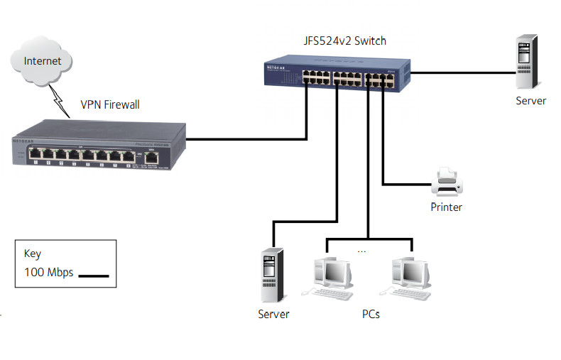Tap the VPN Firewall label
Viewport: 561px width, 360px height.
click(x=110, y=105)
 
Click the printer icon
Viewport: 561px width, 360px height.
click(x=447, y=182)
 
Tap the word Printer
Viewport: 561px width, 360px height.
click(x=447, y=207)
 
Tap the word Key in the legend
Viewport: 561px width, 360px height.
click(x=33, y=253)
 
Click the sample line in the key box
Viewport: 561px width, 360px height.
click(x=92, y=275)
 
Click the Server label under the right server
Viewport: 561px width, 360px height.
click(x=530, y=101)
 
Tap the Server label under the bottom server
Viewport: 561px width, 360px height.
click(x=273, y=313)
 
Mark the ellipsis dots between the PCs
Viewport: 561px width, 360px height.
click(x=361, y=251)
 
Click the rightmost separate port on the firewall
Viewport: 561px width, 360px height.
click(x=151, y=158)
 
